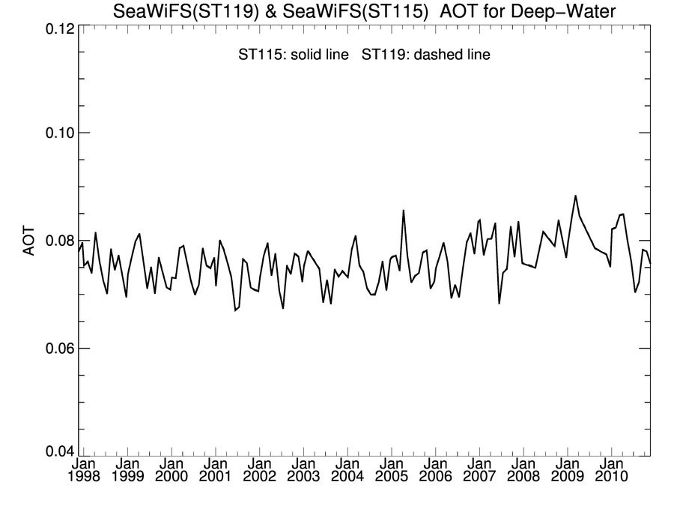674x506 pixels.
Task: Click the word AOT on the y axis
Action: tap(29, 241)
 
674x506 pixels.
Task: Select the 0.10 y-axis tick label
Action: tap(56, 133)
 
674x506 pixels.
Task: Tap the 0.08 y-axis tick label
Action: tap(56, 241)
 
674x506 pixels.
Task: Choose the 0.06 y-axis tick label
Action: tap(56, 349)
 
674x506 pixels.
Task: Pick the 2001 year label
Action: tap(215, 478)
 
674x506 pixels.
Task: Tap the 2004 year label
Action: tap(347, 478)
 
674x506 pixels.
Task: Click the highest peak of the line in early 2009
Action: tap(575, 196)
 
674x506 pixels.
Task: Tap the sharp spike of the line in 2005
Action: tap(404, 211)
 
